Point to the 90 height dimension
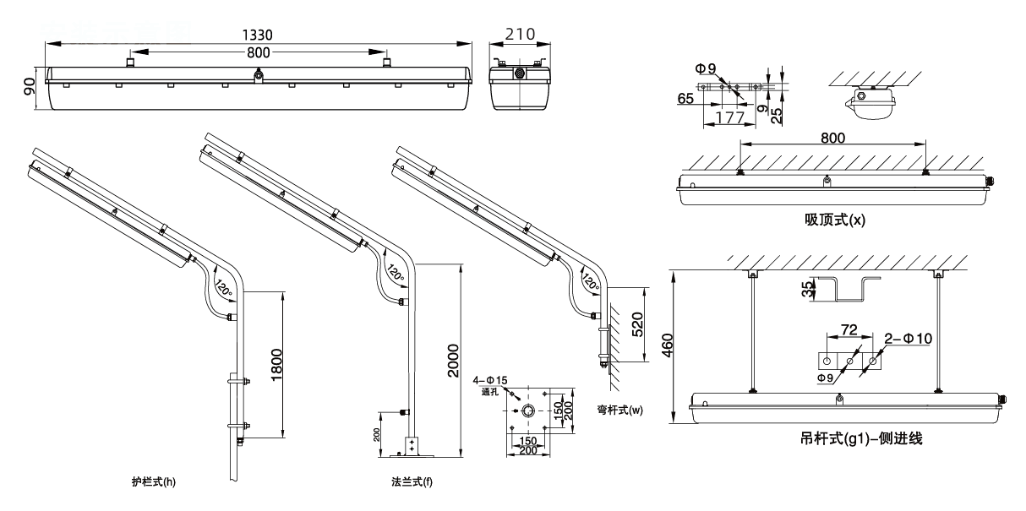pos(30,86)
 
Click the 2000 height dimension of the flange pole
pos(453,359)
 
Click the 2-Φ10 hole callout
pos(908,339)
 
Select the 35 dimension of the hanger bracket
pos(808,290)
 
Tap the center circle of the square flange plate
pos(528,411)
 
